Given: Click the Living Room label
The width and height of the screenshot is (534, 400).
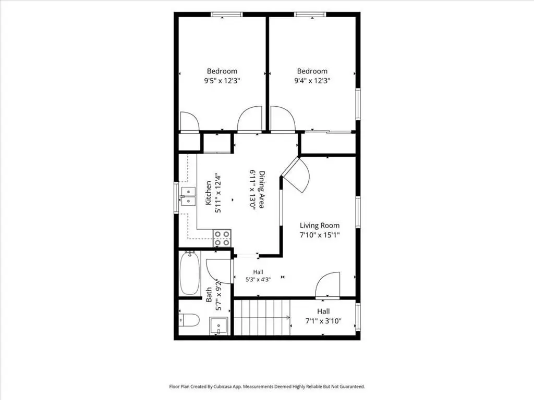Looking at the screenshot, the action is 320,225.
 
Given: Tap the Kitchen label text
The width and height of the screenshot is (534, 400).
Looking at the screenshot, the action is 209,193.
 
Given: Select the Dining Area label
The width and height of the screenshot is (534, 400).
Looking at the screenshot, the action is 262,189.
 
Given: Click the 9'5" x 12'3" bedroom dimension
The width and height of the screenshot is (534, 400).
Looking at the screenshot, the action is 222,81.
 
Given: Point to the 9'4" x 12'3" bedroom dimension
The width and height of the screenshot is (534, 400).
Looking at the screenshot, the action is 312,81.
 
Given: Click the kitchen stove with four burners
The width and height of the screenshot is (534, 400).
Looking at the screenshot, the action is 222,238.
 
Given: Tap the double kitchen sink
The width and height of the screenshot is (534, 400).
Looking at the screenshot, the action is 188,196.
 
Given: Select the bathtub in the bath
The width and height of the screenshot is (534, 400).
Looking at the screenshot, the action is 190,273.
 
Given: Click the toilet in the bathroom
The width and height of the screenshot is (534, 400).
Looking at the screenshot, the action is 189,320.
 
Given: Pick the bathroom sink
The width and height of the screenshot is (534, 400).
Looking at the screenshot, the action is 218,326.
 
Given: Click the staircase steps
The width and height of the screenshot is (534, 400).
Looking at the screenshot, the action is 262,317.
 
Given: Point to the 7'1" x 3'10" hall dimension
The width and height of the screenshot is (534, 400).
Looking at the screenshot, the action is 323,321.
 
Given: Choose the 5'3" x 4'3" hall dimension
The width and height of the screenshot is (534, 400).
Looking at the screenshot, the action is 258,280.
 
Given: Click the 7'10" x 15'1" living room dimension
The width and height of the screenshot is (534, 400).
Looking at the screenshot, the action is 320,235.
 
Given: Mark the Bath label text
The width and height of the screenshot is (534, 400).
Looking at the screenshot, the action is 209,295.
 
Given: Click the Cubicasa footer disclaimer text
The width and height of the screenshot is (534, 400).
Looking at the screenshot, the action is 267,386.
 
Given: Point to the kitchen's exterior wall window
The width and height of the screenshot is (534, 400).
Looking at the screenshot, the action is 176,197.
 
